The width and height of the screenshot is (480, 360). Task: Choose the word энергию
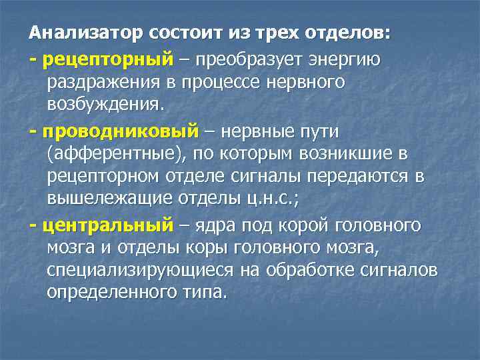[345, 60]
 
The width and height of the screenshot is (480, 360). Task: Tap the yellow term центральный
[107, 225]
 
